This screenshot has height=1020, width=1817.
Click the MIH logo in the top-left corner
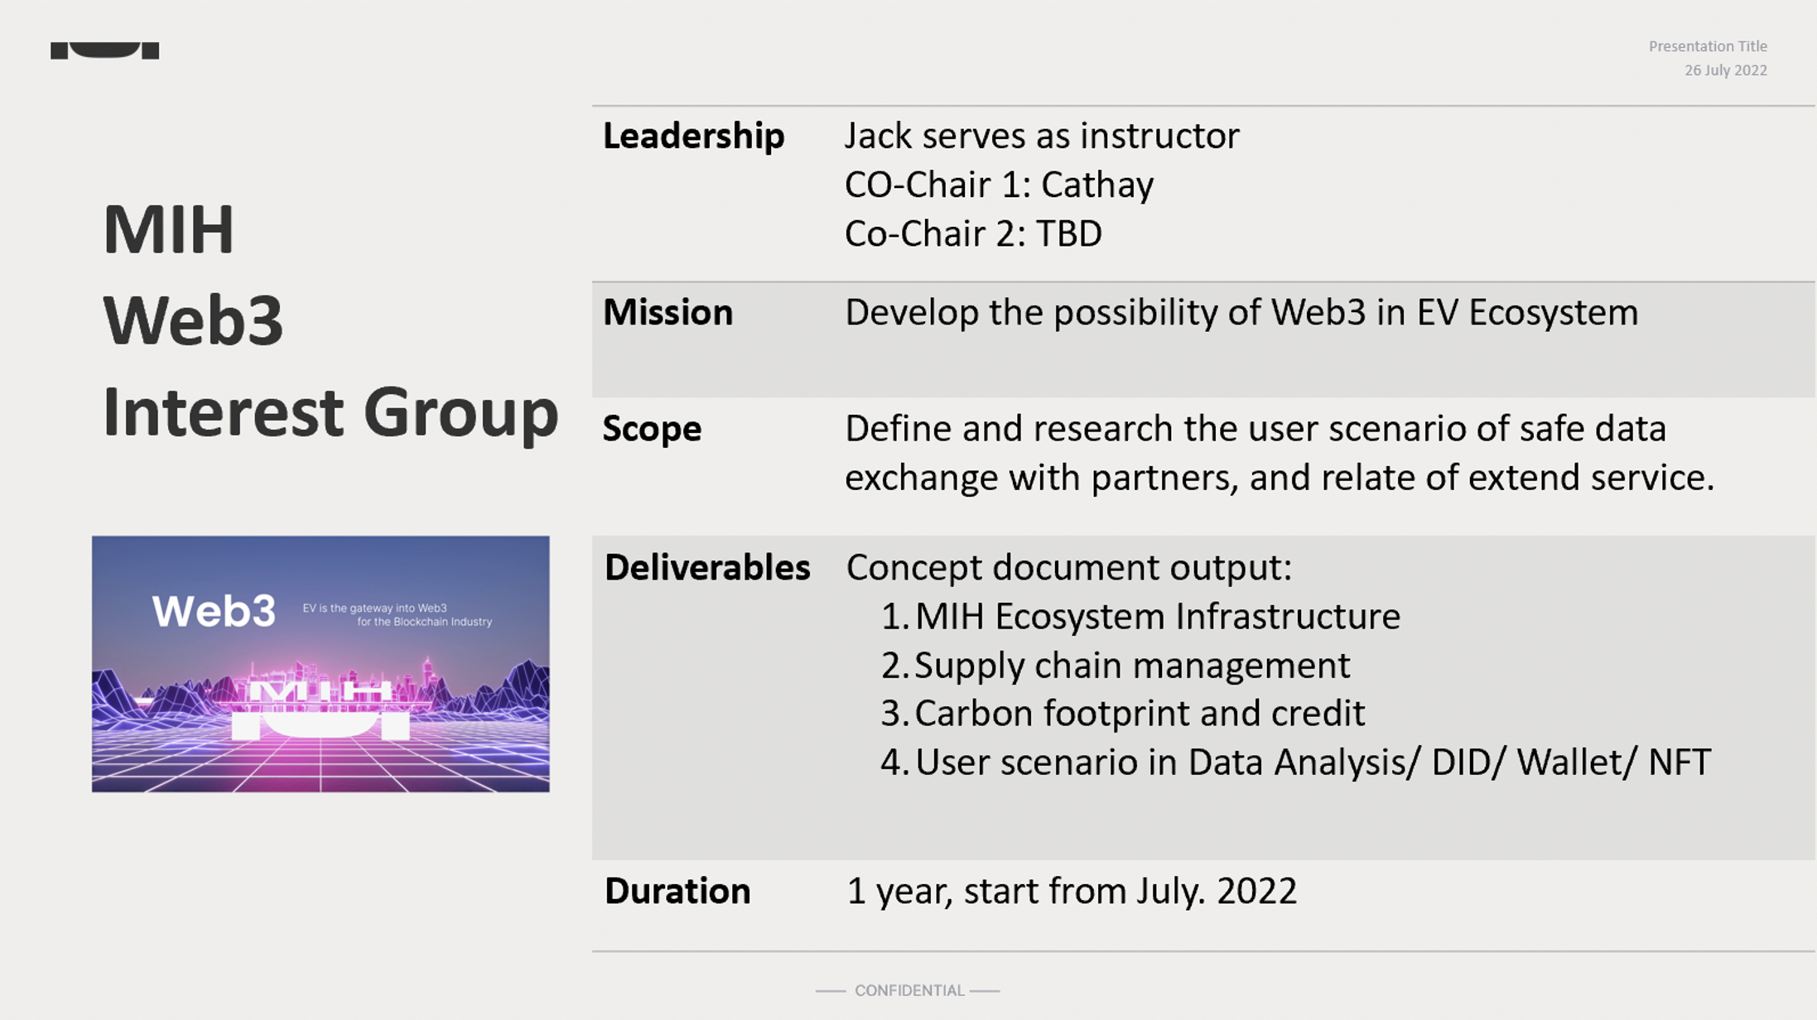(x=105, y=51)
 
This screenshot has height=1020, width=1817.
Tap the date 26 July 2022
(x=1726, y=70)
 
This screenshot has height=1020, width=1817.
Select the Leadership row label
(x=693, y=136)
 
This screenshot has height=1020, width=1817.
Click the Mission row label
(x=668, y=313)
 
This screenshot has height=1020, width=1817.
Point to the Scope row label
(x=652, y=430)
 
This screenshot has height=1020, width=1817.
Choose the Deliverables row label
(x=707, y=568)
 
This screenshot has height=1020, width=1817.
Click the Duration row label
(x=677, y=892)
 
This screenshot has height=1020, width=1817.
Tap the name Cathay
(x=1097, y=185)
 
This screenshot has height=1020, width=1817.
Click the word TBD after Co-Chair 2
(x=1069, y=233)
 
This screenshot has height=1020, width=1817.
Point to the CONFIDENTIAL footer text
(x=909, y=990)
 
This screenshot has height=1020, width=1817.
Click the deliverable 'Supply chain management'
(x=1132, y=666)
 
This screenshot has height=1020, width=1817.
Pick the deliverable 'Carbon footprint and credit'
(x=1140, y=714)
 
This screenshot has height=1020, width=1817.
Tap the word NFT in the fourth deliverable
(x=1680, y=763)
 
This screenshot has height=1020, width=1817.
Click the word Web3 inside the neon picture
(x=214, y=612)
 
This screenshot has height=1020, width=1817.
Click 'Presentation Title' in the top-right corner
(x=1708, y=46)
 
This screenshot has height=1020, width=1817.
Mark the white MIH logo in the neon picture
(x=320, y=710)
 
